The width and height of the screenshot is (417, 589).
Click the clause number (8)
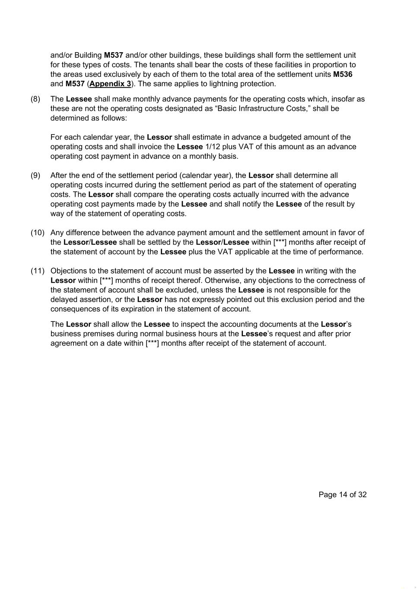[x=35, y=99]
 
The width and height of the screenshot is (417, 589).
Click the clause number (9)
[x=35, y=175]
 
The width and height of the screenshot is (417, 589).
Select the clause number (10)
[x=38, y=233]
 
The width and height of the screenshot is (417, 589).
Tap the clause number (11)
[x=38, y=271]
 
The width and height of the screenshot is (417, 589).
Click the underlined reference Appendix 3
[x=110, y=84]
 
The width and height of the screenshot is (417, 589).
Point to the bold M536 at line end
[x=343, y=74]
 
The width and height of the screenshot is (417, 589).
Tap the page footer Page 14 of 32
[x=342, y=495]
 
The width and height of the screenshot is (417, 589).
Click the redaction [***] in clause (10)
[x=280, y=242]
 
